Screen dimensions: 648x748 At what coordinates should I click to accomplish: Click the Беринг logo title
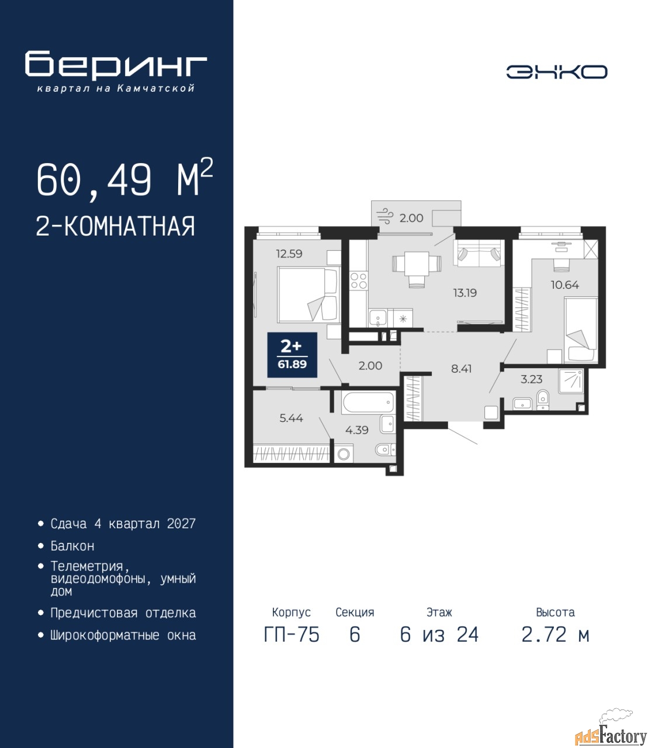coord(116,65)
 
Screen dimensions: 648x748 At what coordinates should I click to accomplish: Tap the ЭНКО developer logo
coord(556,72)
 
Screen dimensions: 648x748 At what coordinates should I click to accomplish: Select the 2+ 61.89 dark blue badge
coord(292,355)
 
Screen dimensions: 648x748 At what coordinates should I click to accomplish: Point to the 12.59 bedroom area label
coord(289,253)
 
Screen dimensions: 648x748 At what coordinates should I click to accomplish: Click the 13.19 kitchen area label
coord(465,292)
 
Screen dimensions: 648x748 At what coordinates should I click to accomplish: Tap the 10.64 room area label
coord(565,285)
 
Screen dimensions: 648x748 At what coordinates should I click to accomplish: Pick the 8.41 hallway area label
coord(461,369)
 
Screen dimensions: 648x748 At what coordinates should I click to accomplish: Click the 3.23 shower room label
coord(531,379)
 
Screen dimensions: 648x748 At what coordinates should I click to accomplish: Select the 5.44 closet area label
coord(291,418)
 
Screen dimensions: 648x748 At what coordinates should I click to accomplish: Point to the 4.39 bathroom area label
coord(357,430)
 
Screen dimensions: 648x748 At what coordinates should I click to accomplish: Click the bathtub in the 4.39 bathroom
coord(368,402)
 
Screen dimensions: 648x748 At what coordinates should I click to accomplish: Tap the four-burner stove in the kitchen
coord(359,281)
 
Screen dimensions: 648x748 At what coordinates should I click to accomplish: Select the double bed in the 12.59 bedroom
coord(309,295)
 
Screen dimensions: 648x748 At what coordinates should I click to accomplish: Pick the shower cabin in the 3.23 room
coord(571,381)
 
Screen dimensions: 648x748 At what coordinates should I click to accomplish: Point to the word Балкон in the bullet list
coord(72,546)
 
